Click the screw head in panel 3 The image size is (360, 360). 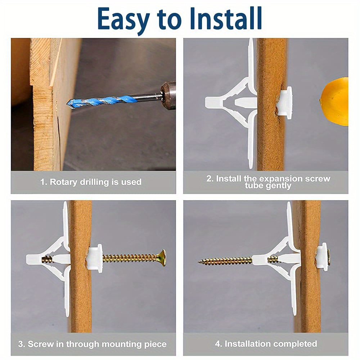pos(163,257)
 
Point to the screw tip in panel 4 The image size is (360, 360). pos(200,261)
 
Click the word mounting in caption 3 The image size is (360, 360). pos(124,344)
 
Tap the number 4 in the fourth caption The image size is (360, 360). pos(217,344)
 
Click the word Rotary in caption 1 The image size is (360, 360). pos(63,182)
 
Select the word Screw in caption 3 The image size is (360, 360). pos(40,344)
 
